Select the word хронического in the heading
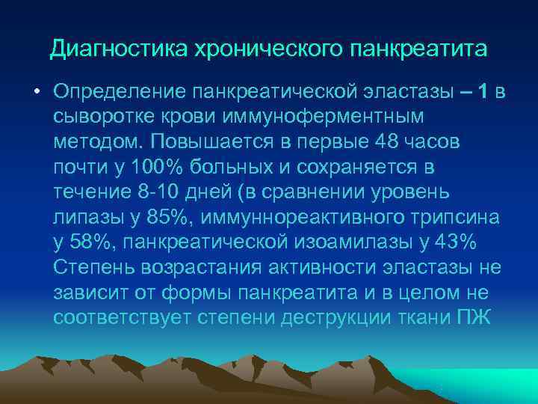[x=245, y=50]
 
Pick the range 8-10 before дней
[x=159, y=190]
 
